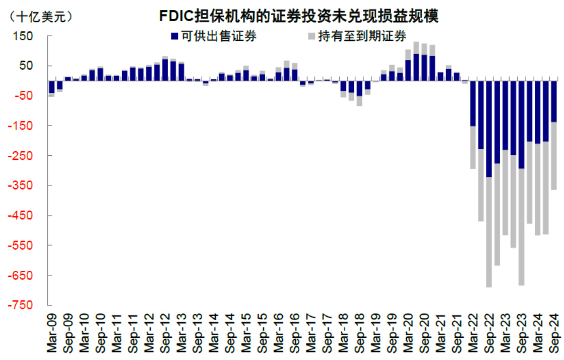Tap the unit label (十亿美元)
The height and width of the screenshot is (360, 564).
pyautogui.click(x=40, y=16)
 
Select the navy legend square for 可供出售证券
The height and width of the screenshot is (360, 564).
pyautogui.click(x=175, y=36)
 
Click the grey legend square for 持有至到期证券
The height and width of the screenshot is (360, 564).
pyautogui.click(x=311, y=36)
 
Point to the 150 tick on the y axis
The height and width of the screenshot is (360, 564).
pyautogui.click(x=24, y=36)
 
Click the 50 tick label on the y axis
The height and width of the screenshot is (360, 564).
pyautogui.click(x=26, y=66)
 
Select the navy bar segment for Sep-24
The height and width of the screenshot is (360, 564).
pyautogui.click(x=553, y=101)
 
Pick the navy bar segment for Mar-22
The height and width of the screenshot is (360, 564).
pyautogui.click(x=473, y=103)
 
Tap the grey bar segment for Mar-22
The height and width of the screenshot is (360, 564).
pyautogui.click(x=473, y=147)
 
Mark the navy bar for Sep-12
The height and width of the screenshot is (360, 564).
pyautogui.click(x=165, y=70)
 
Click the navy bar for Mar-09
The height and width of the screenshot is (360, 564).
pyautogui.click(x=51, y=87)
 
